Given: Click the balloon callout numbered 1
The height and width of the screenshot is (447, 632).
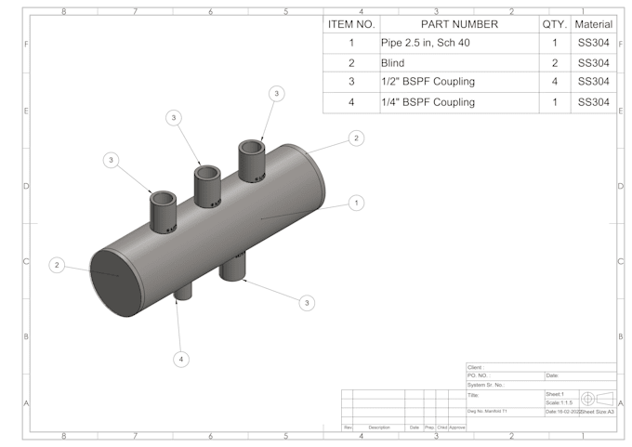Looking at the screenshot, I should pos(357,202).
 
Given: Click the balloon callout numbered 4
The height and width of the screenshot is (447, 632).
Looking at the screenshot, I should pos(182,359).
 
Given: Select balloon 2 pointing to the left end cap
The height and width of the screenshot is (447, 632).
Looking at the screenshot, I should pos(57,265).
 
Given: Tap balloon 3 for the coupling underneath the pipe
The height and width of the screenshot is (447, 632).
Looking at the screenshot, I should pos(308,302).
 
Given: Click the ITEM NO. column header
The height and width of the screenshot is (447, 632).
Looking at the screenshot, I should pos(350,24).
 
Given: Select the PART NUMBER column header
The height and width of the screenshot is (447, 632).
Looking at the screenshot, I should pos(459,24).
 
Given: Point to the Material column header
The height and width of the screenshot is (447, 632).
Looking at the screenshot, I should pos(593,24).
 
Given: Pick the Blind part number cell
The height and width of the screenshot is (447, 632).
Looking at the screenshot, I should pos(394,63).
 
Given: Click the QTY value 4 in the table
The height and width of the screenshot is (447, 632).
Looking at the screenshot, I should pos(555,83).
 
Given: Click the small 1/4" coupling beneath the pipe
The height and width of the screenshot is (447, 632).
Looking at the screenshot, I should pos(183,292).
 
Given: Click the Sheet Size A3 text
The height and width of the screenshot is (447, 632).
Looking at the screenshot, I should pos(599,411).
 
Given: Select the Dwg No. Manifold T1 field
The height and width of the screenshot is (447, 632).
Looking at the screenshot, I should pos(488,411).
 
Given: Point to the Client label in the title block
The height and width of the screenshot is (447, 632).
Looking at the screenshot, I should pos(475,367).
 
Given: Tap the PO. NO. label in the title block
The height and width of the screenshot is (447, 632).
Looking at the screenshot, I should pos(478,375).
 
